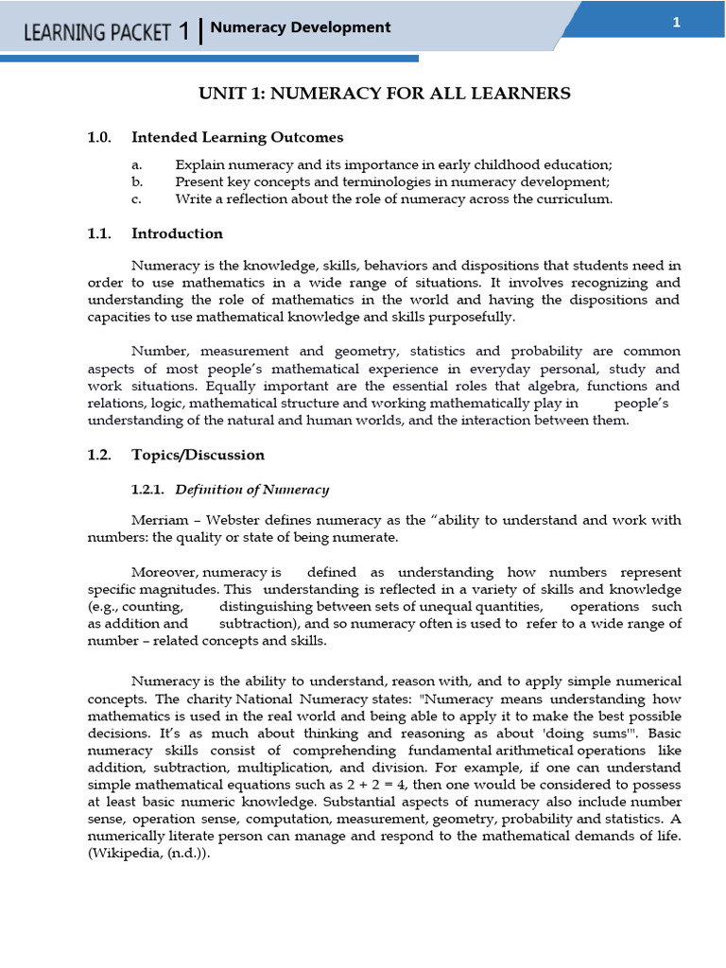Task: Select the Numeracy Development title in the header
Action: click(x=301, y=27)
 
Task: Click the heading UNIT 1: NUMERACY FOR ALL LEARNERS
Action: click(x=384, y=93)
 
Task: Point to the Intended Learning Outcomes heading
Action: click(x=236, y=138)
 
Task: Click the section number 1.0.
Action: click(x=99, y=138)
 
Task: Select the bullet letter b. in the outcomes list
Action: click(x=137, y=181)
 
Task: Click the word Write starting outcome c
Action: click(x=193, y=199)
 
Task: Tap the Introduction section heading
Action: click(x=177, y=233)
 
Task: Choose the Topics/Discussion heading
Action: click(x=198, y=455)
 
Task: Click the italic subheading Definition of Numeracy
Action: click(x=252, y=489)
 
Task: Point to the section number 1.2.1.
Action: click(x=148, y=489)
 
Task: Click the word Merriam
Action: click(x=160, y=521)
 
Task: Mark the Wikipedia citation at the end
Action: click(x=148, y=854)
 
